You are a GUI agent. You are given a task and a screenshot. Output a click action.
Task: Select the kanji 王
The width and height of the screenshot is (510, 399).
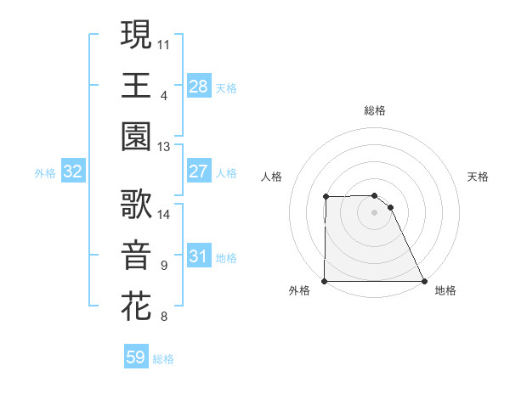click(136, 84)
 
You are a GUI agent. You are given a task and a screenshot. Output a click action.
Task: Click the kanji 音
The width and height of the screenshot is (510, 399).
click(136, 255)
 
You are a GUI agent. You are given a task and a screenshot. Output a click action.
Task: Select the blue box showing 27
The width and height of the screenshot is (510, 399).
click(198, 171)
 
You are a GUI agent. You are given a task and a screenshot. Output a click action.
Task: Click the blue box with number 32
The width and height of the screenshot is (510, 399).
click(72, 171)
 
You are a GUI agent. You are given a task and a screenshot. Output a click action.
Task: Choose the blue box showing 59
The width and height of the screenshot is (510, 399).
click(136, 357)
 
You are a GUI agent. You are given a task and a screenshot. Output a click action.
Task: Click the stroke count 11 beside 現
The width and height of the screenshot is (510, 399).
click(164, 42)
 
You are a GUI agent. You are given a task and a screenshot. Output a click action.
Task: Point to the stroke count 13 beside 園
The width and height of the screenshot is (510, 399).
click(164, 146)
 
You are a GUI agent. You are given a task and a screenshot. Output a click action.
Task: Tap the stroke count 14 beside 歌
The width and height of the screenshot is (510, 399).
click(164, 214)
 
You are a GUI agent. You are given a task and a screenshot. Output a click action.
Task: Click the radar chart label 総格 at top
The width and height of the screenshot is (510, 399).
click(374, 110)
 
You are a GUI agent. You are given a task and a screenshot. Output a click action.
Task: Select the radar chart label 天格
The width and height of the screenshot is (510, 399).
click(479, 177)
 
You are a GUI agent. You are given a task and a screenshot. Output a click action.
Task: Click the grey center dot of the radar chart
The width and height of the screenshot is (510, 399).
click(374, 212)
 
